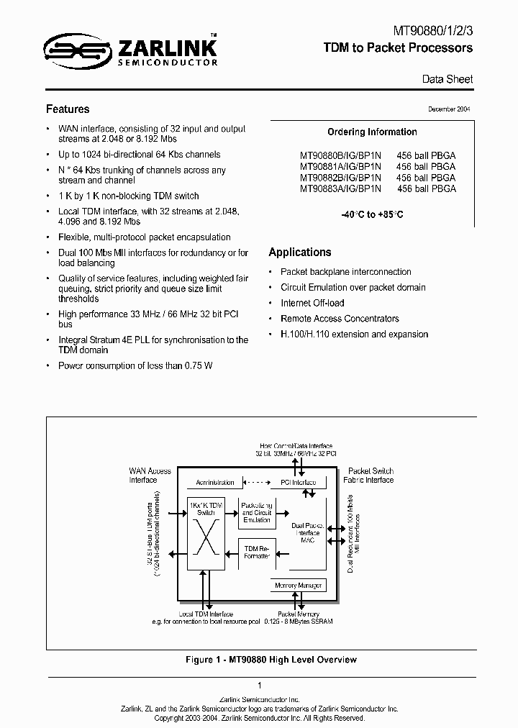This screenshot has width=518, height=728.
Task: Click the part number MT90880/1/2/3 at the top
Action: pyautogui.click(x=432, y=32)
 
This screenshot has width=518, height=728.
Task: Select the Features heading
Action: pyautogui.click(x=68, y=109)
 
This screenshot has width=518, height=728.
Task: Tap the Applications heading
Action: pyautogui.click(x=300, y=252)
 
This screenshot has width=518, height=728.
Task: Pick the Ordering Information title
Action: pyautogui.click(x=372, y=132)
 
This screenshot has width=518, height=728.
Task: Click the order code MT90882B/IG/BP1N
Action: pyautogui.click(x=341, y=178)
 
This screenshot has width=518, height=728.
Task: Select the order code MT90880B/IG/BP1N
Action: pyautogui.click(x=341, y=155)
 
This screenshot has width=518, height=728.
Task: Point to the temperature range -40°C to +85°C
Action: pyautogui.click(x=372, y=214)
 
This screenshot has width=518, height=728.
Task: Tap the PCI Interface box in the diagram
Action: pyautogui.click(x=297, y=483)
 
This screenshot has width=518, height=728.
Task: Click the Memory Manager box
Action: pyautogui.click(x=299, y=586)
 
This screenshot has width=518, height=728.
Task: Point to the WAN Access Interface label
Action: pyautogui.click(x=150, y=476)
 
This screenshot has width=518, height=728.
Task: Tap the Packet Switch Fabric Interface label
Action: pyautogui.click(x=371, y=476)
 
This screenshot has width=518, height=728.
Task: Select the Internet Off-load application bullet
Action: pyautogui.click(x=312, y=303)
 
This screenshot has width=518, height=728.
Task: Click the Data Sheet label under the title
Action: pyautogui.click(x=447, y=79)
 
